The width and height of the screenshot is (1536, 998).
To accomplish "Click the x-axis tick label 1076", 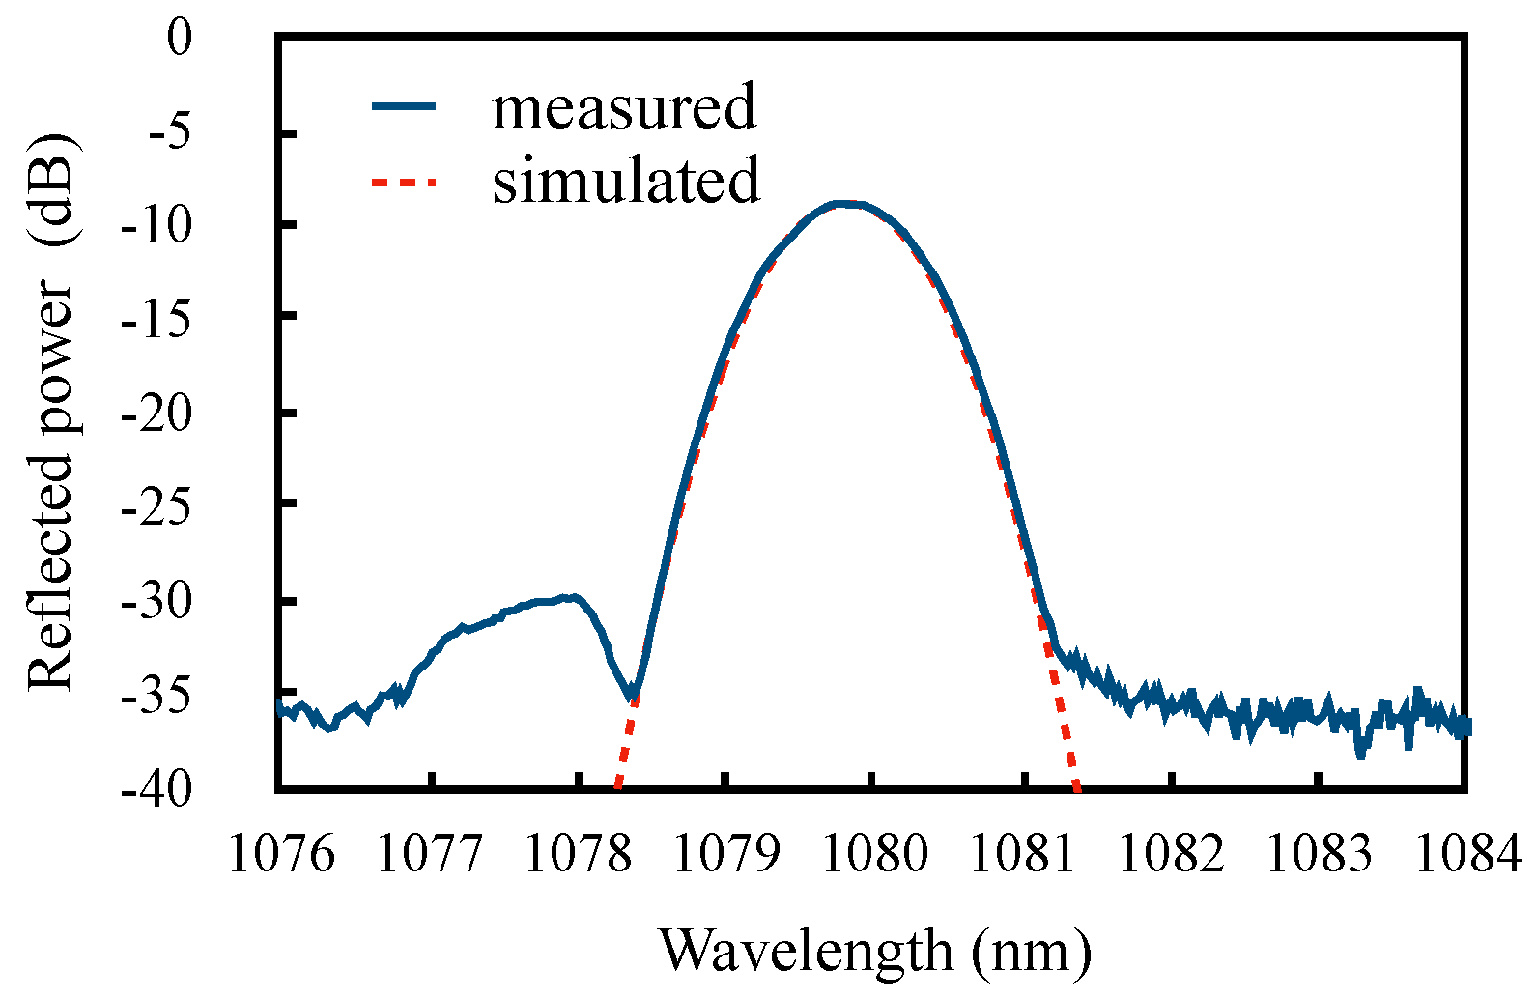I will coord(281,854).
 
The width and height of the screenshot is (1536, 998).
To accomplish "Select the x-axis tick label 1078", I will coord(578,854).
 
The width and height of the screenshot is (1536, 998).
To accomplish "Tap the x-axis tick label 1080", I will coord(875,854).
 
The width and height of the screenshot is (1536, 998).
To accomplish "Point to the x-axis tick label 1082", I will coord(1172,854).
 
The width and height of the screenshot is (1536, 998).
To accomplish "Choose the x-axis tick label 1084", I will coord(1467,854).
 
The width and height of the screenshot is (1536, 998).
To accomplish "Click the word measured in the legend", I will coord(624,106).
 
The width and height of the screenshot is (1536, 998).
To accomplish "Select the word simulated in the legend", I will coord(626,181).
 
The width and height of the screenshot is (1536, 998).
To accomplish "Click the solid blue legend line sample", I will coord(405,106).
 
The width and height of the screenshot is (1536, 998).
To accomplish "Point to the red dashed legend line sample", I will coord(405,181).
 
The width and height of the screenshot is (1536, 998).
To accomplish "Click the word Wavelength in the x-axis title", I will coord(807,951).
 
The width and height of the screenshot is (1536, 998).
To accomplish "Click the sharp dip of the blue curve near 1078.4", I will coord(632,693).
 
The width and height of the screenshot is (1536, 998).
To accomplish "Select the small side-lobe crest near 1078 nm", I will coord(574,597).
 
